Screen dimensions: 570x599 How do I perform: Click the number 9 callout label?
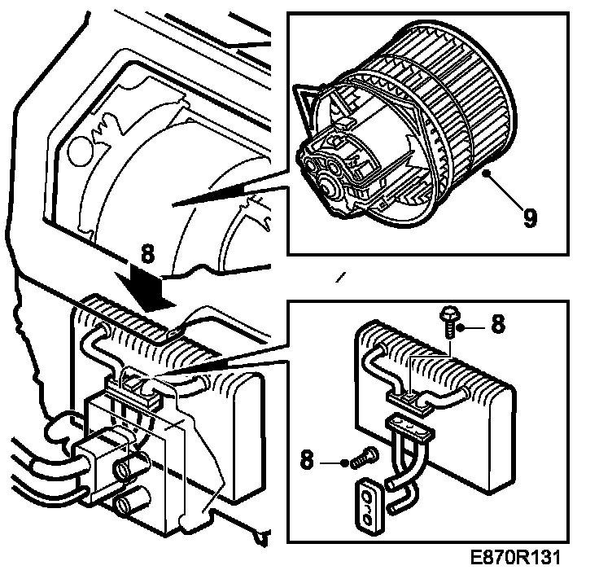coord(531,219)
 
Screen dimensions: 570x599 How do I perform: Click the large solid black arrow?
coord(146,288)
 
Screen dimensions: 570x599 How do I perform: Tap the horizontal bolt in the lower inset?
coord(361,460)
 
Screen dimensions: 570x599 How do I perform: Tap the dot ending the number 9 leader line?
coord(484,173)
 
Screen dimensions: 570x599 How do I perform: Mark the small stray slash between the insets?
coord(341,278)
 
